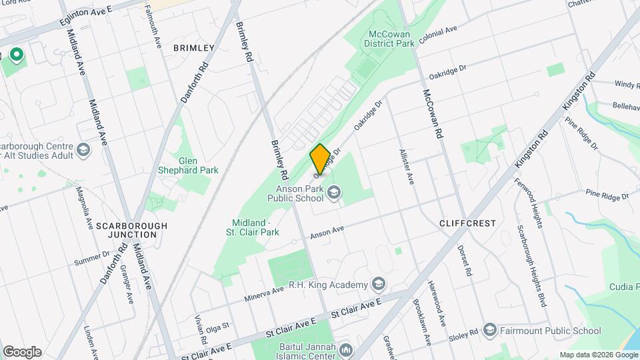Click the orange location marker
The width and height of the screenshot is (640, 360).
click(320, 159)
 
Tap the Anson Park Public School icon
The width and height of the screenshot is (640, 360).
click(334, 193)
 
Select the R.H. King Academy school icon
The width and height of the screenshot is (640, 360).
click(379, 285)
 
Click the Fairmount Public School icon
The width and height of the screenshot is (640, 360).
click(490, 331)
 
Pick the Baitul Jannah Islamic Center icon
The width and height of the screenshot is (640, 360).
click(345, 349)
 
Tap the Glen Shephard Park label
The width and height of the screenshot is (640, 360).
click(199, 165)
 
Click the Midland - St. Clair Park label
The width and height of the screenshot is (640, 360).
click(255, 227)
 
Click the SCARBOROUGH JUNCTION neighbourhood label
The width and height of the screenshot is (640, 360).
click(131, 230)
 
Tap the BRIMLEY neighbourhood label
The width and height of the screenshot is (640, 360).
click(193, 48)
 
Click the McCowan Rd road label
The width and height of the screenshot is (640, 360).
click(431, 113)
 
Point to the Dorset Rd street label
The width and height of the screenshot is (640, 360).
click(465, 261)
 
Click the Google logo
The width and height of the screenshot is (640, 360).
click(22, 352)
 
